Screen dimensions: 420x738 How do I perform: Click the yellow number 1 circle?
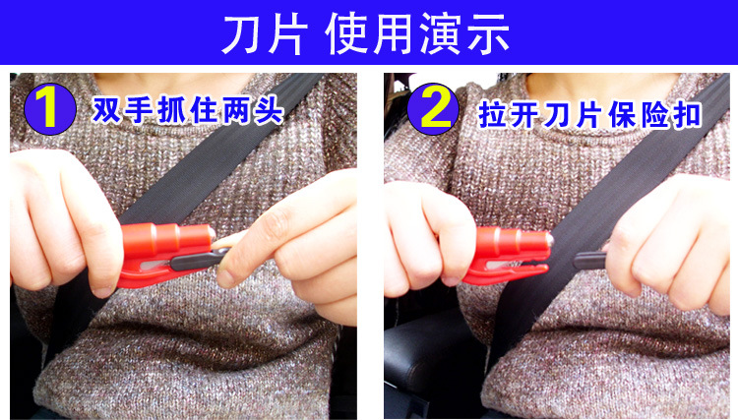(51, 108)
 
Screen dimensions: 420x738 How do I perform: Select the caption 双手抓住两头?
(187, 109)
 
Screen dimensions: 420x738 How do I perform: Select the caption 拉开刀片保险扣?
(589, 112)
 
